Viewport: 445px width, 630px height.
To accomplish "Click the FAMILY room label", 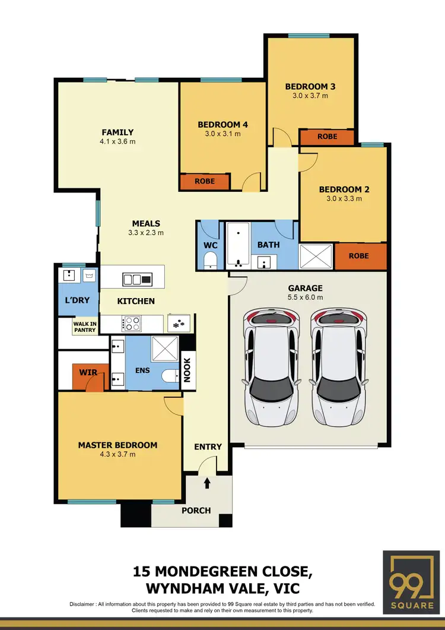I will click(x=117, y=132).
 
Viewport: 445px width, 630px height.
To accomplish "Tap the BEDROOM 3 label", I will click(x=306, y=86).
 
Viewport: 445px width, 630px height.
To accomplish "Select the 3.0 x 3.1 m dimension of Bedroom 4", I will click(x=223, y=134).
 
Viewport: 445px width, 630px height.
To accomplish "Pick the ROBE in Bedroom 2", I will click(x=359, y=256).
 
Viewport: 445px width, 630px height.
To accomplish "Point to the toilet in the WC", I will click(x=209, y=260).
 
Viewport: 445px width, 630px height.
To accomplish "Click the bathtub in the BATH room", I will click(x=237, y=245).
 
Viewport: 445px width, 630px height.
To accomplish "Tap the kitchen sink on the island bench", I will click(x=137, y=278).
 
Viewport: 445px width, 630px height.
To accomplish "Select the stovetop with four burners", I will click(x=132, y=323).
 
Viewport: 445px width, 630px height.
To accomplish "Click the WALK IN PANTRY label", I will click(x=84, y=327).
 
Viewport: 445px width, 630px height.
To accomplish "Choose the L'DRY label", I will click(x=77, y=300).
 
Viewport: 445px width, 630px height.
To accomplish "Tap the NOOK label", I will click(x=186, y=370).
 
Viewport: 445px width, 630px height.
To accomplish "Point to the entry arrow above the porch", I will click(x=207, y=483).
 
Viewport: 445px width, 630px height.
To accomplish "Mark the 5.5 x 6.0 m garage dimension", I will click(x=306, y=297).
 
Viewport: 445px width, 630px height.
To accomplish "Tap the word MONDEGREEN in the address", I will click(x=211, y=572).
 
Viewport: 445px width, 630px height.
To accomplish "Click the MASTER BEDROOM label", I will click(x=117, y=445).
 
